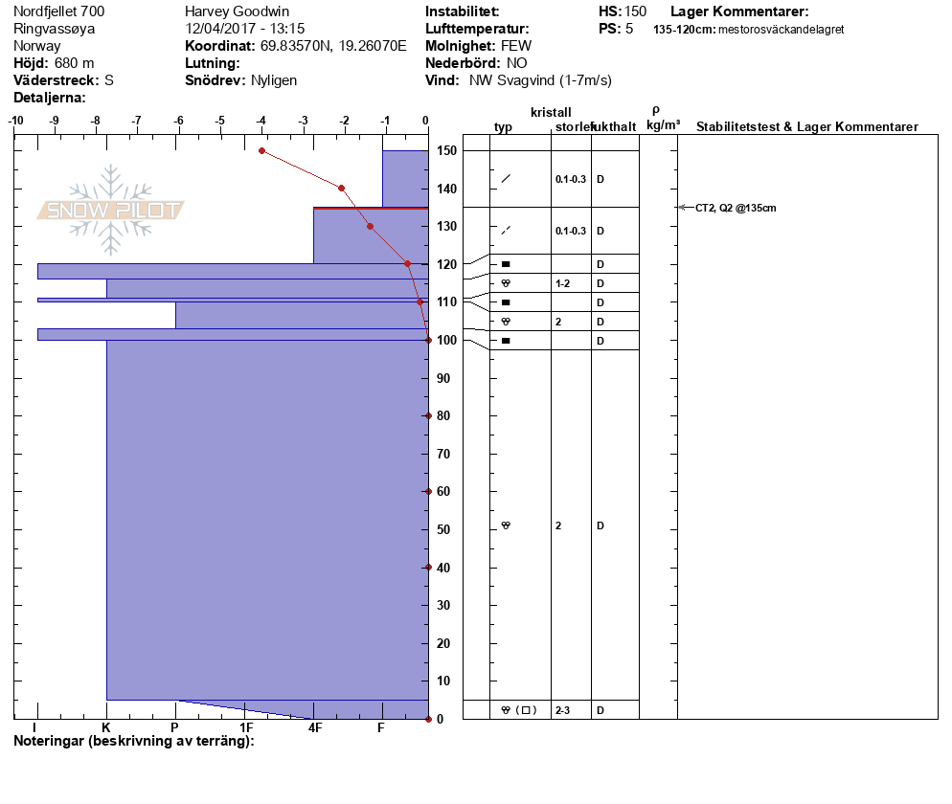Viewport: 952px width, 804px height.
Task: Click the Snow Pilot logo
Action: click(111, 210)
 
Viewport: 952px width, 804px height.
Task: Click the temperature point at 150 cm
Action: click(261, 150)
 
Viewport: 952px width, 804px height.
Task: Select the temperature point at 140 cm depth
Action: click(341, 188)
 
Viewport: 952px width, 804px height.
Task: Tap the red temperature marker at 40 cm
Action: click(428, 567)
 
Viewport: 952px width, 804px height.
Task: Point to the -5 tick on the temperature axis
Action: click(220, 121)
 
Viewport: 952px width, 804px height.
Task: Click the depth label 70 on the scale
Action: click(444, 454)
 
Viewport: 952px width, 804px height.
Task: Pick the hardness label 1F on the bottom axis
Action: click(246, 728)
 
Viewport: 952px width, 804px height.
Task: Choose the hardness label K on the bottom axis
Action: click(105, 728)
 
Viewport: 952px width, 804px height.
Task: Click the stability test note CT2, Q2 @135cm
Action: click(736, 208)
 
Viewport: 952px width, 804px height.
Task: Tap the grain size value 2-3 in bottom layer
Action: click(563, 710)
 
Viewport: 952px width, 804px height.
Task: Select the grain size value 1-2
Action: click(562, 283)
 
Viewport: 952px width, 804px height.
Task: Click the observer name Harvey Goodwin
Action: click(237, 11)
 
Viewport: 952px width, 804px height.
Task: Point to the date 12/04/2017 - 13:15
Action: click(244, 29)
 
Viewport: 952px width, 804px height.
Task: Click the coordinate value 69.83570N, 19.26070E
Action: click(333, 46)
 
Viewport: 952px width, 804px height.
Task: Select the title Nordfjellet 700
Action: click(59, 11)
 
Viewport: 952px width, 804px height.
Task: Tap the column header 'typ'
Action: click(503, 127)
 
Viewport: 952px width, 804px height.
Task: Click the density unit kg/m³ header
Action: click(663, 125)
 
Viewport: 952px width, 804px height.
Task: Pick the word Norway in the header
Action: click(37, 46)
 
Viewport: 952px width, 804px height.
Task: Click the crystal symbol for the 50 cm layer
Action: click(506, 525)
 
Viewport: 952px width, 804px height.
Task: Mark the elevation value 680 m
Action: click(75, 63)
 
